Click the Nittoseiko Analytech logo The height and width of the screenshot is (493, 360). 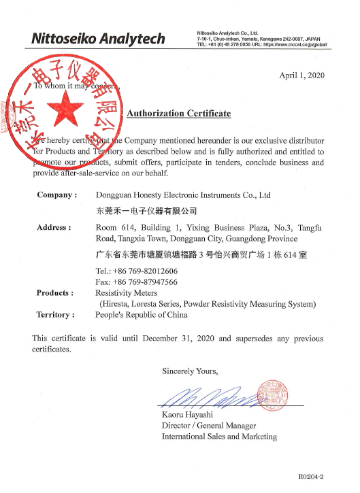tap(98, 38)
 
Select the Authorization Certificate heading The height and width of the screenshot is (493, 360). tap(179, 114)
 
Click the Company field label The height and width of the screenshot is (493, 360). tap(56, 195)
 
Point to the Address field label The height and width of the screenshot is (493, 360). tap(54, 228)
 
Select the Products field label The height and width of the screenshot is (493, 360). tap(55, 292)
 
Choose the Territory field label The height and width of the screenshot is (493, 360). tap(55, 315)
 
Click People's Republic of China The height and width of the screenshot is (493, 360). tap(142, 315)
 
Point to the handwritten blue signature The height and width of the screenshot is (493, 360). tap(204, 395)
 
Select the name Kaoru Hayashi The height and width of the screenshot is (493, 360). tap(189, 414)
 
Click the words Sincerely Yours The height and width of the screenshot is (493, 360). tap(190, 371)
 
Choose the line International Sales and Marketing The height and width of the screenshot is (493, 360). tap(219, 436)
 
